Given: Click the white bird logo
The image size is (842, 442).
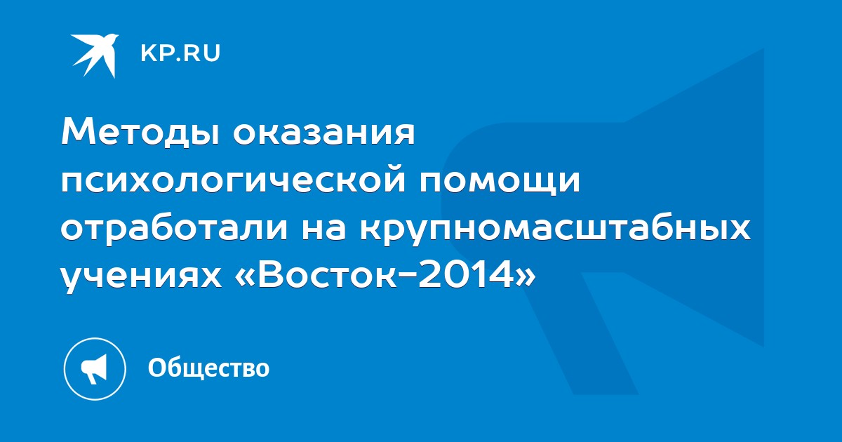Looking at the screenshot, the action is pyautogui.click(x=95, y=55).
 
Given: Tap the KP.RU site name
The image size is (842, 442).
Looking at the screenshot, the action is pyautogui.click(x=180, y=53).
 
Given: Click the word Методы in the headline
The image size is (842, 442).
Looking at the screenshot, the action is pyautogui.click(x=140, y=133).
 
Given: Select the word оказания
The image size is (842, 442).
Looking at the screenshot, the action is pyautogui.click(x=323, y=133).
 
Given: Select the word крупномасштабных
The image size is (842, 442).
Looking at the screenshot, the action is pyautogui.click(x=555, y=230).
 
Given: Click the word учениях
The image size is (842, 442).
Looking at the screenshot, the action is pyautogui.click(x=141, y=278).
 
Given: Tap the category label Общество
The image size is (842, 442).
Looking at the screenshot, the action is pyautogui.click(x=208, y=368).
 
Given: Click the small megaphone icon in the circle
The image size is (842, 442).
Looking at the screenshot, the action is pyautogui.click(x=94, y=369).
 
